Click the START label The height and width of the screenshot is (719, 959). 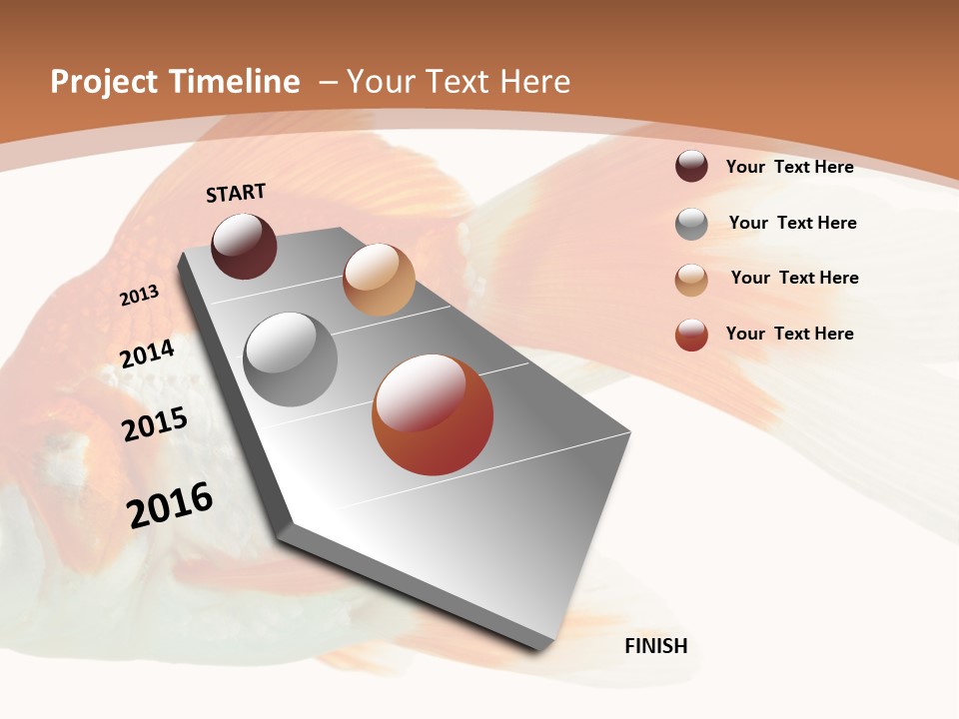pos(236,193)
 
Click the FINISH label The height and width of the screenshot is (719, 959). pos(655,646)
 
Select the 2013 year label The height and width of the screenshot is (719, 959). pos(139,296)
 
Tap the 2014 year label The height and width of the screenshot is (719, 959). pos(147,354)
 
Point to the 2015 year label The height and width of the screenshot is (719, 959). pos(154,424)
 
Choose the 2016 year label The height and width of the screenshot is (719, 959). pos(170,505)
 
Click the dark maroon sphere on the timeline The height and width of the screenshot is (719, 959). pos(244,246)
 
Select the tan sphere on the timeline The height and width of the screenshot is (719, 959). pos(379,280)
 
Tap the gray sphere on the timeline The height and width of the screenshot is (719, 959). pos(291,359)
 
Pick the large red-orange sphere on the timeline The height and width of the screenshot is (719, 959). pos(433,414)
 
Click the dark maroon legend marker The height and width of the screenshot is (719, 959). pos(691,166)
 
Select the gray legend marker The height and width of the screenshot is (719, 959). pos(691,224)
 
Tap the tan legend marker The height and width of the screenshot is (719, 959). pos(691,280)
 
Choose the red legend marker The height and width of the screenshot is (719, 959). pos(691,335)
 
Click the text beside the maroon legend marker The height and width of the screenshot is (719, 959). pos(789,167)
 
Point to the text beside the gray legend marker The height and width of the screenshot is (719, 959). pos(792,223)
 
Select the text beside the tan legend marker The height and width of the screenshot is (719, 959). pos(794,278)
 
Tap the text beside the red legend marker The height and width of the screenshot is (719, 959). pos(789,334)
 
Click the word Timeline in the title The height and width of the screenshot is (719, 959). pos(235,82)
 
